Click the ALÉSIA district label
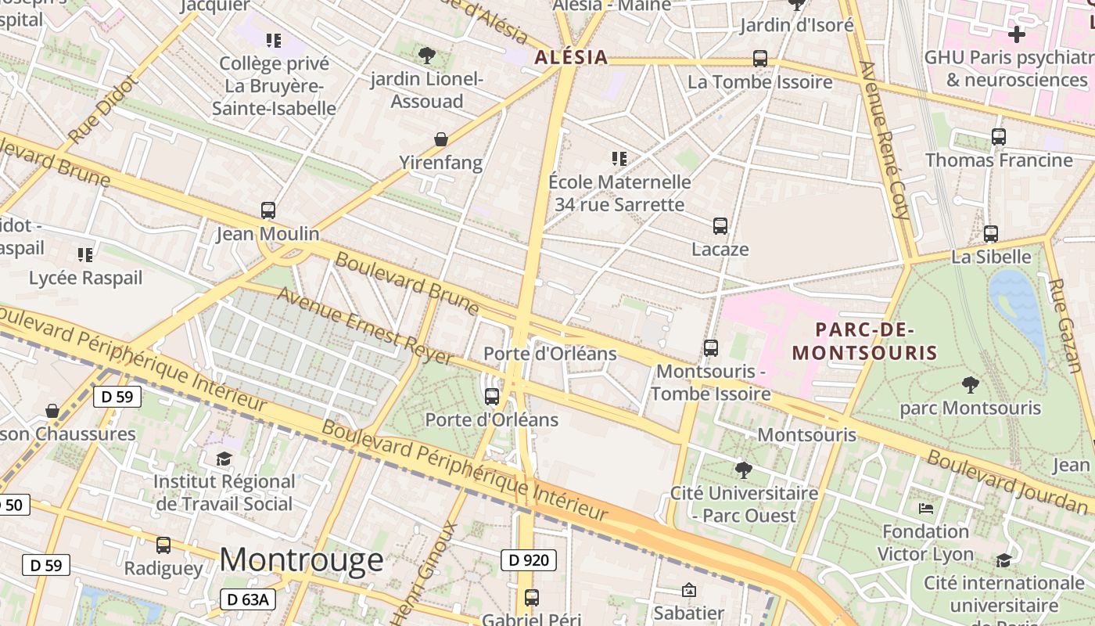(x=571, y=57)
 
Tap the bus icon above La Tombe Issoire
(x=759, y=58)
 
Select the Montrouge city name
(x=301, y=559)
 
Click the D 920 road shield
(x=529, y=559)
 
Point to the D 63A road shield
(x=248, y=599)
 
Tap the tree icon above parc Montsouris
(x=970, y=384)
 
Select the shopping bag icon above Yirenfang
(x=441, y=139)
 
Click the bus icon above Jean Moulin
(x=267, y=210)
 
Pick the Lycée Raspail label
(x=86, y=278)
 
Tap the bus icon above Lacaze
(x=720, y=225)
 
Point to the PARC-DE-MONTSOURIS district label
(x=864, y=341)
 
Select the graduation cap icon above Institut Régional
(x=224, y=458)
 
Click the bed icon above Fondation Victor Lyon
(x=926, y=509)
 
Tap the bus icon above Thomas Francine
(x=998, y=136)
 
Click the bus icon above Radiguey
(x=163, y=545)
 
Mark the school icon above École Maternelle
(x=619, y=159)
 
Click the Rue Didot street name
(x=103, y=110)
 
